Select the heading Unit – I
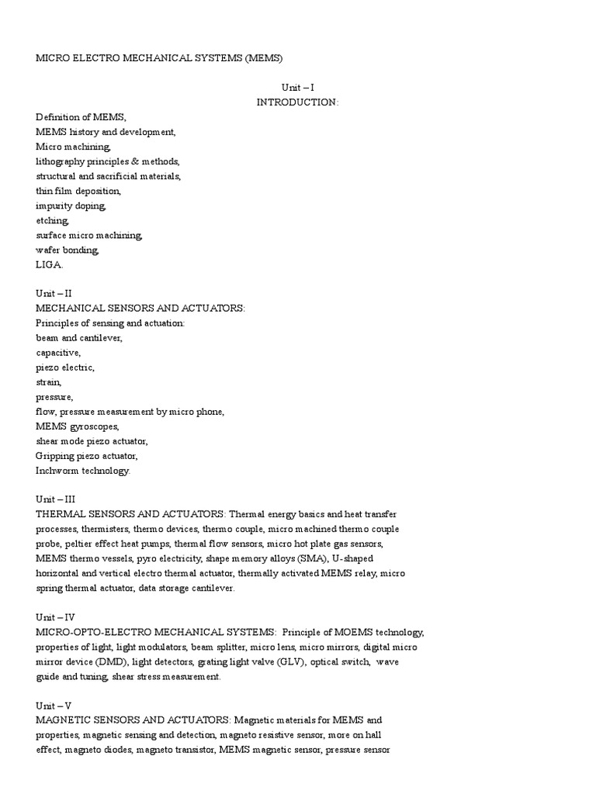point(298,88)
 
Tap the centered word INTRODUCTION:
point(298,102)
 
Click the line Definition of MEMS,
point(81,117)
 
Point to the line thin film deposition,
point(78,191)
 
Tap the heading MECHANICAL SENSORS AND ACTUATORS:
point(140,309)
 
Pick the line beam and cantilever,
point(79,338)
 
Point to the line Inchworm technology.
point(83,471)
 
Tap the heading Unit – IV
point(55,618)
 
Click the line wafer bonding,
point(68,250)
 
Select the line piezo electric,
point(65,368)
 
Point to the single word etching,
point(52,220)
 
